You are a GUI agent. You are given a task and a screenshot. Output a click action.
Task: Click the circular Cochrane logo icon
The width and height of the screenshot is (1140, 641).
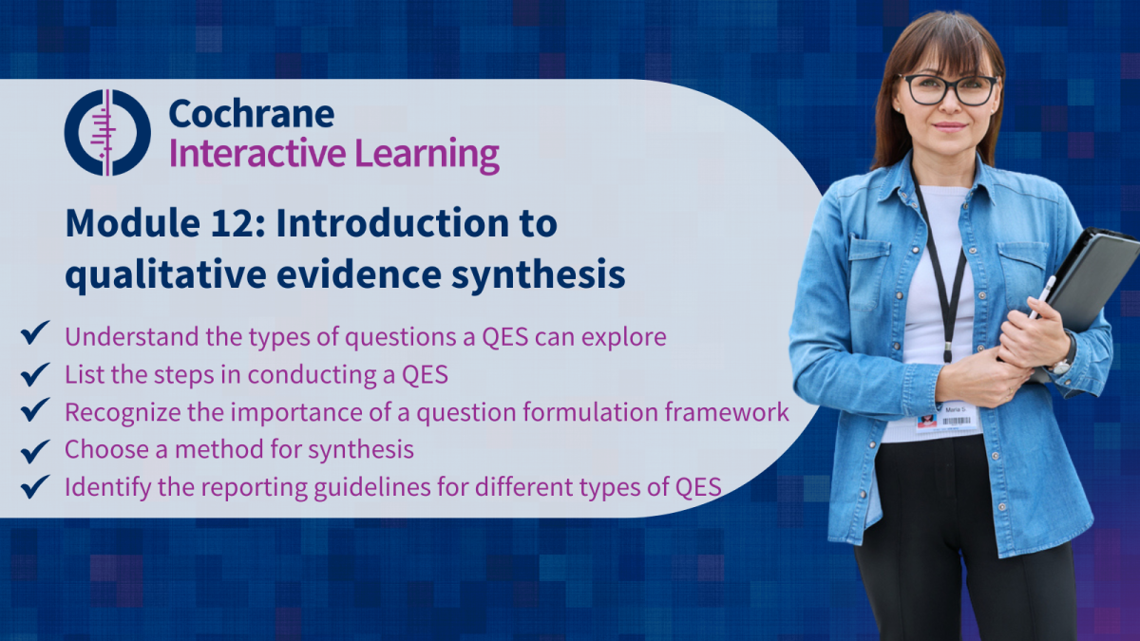(107, 133)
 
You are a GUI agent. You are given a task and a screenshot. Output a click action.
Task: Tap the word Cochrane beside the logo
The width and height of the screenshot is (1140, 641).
(252, 113)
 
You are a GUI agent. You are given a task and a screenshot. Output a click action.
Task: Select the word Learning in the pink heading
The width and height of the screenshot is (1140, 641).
(427, 155)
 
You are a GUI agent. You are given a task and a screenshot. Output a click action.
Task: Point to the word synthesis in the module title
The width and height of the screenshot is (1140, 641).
(538, 274)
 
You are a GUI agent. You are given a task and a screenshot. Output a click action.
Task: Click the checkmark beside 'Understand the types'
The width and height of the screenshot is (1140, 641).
(35, 332)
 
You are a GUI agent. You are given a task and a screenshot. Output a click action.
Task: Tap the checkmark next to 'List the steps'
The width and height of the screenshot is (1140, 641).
(35, 374)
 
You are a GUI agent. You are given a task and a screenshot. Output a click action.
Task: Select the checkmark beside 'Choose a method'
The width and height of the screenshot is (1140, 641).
(35, 451)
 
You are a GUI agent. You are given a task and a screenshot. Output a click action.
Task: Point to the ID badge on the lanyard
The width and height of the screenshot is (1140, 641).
(949, 418)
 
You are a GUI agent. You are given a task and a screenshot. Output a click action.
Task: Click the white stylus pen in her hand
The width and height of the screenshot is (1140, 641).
(1042, 296)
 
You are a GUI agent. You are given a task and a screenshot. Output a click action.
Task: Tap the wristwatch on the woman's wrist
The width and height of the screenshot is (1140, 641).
(1066, 356)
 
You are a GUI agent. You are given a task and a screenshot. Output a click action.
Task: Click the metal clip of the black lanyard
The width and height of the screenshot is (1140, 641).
(948, 352)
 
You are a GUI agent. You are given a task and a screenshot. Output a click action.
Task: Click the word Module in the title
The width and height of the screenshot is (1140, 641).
(132, 223)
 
